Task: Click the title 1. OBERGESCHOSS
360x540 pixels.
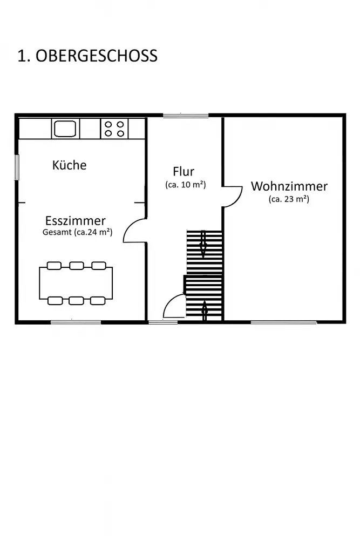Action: pos(87,56)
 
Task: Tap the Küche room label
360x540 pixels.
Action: pos(69,165)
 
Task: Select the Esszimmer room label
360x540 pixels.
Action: pos(76,220)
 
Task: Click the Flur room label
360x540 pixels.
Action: pos(184,171)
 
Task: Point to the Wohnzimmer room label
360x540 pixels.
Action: pos(289,186)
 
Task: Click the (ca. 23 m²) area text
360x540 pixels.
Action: pos(289,199)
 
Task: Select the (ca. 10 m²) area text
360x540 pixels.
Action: pos(186,185)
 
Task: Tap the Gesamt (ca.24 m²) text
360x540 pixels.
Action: pos(77,232)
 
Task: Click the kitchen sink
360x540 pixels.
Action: pos(65,129)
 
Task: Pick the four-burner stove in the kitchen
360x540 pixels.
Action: pos(114,129)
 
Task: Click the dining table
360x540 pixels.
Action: pos(76,283)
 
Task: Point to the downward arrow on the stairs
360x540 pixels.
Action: pos(203,244)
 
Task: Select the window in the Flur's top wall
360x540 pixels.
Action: pos(186,116)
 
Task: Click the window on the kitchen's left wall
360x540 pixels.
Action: pos(17,167)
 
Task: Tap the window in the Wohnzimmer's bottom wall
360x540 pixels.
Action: pos(283,322)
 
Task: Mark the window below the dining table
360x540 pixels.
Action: pos(76,322)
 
